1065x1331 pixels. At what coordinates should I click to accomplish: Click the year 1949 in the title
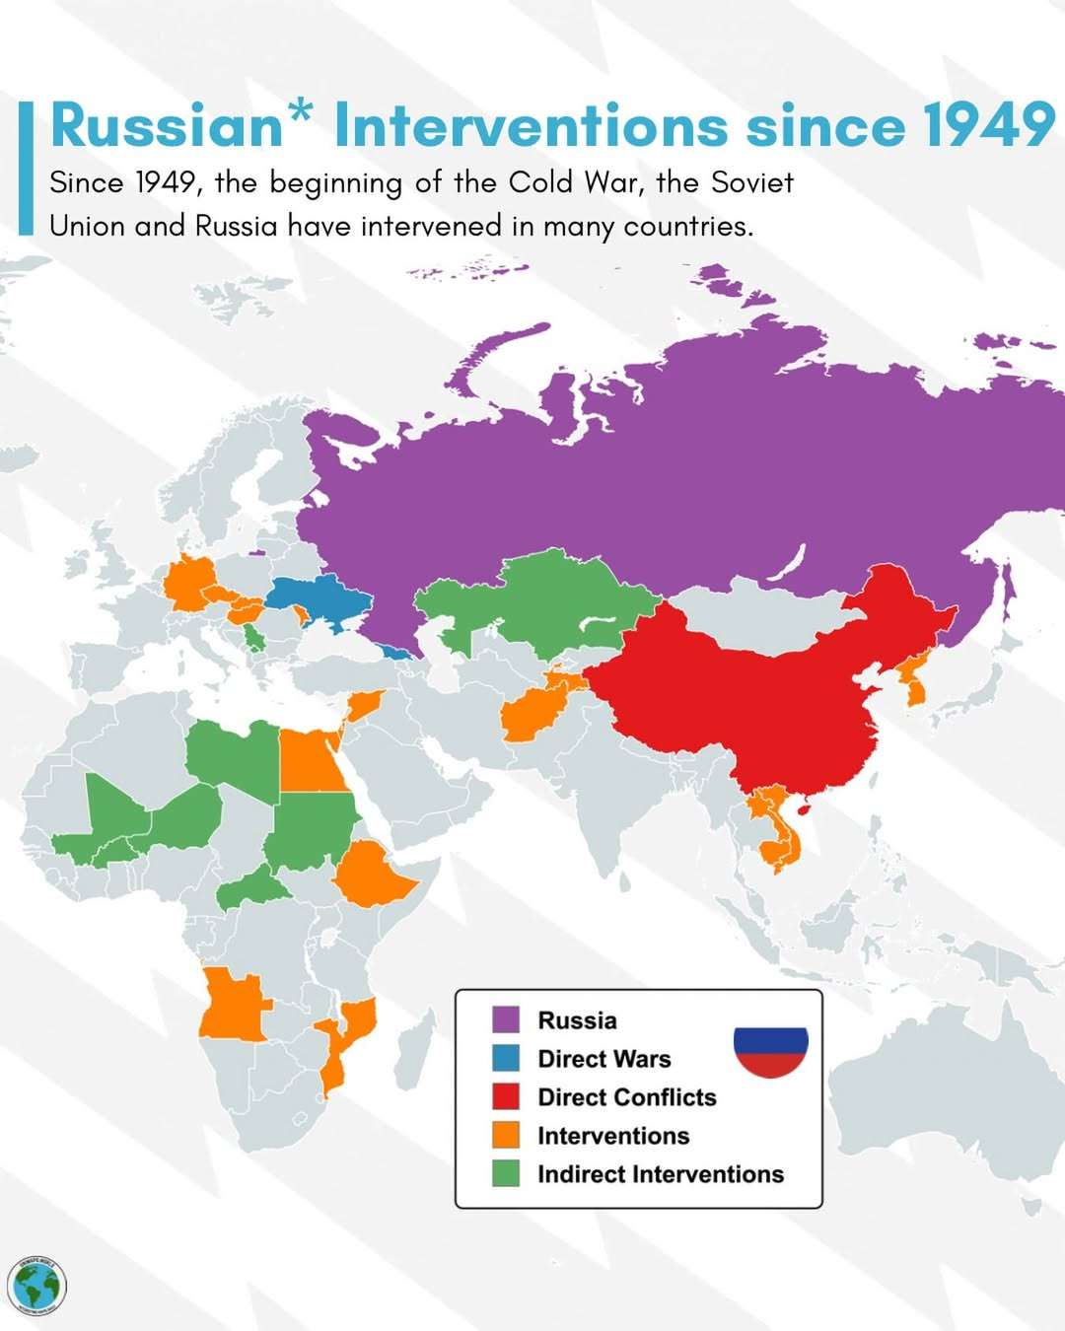click(x=988, y=126)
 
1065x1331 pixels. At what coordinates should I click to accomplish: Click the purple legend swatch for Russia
click(x=506, y=1019)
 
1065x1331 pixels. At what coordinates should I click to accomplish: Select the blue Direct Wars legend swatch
click(x=506, y=1058)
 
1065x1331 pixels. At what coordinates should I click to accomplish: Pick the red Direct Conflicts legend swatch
click(x=506, y=1096)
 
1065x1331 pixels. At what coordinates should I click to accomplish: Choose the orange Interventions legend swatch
click(x=506, y=1135)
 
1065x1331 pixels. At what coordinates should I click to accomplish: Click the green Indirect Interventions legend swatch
click(x=506, y=1173)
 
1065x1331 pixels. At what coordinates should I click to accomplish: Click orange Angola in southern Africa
click(x=233, y=1006)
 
